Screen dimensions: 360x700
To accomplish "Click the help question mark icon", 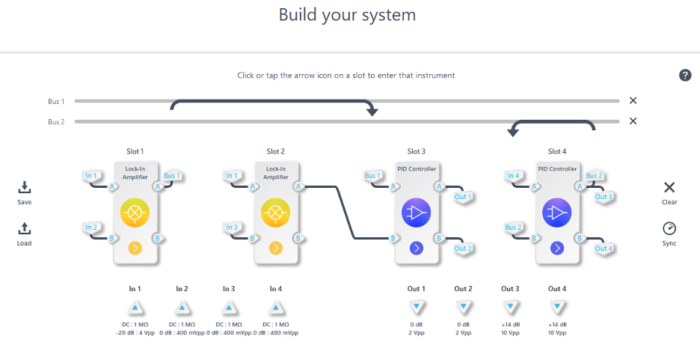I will pyautogui.click(x=685, y=75).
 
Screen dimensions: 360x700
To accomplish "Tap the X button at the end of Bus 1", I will pyautogui.click(x=632, y=101).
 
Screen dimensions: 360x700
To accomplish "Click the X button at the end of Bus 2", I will pyautogui.click(x=632, y=121).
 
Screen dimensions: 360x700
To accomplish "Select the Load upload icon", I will pyautogui.click(x=25, y=229).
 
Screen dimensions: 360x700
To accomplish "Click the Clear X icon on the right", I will pyautogui.click(x=670, y=188).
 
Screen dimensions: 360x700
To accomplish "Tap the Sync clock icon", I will pyautogui.click(x=670, y=229).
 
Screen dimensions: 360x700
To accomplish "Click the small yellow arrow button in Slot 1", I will pyautogui.click(x=136, y=247).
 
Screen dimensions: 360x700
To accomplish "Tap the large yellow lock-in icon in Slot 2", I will pyautogui.click(x=276, y=212).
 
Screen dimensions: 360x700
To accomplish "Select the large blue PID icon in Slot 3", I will pyautogui.click(x=416, y=212).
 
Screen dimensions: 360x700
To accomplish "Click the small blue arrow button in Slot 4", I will pyautogui.click(x=556, y=247).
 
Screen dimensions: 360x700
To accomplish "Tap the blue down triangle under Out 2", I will pyautogui.click(x=463, y=307).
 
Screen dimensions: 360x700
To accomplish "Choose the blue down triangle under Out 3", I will pyautogui.click(x=510, y=307).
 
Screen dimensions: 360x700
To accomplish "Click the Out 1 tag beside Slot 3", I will pyautogui.click(x=463, y=197).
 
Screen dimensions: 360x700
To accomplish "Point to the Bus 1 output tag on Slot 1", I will pyautogui.click(x=172, y=176).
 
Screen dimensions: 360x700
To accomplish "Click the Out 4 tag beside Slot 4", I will pyautogui.click(x=603, y=248).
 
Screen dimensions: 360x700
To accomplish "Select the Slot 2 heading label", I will pyautogui.click(x=276, y=150).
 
